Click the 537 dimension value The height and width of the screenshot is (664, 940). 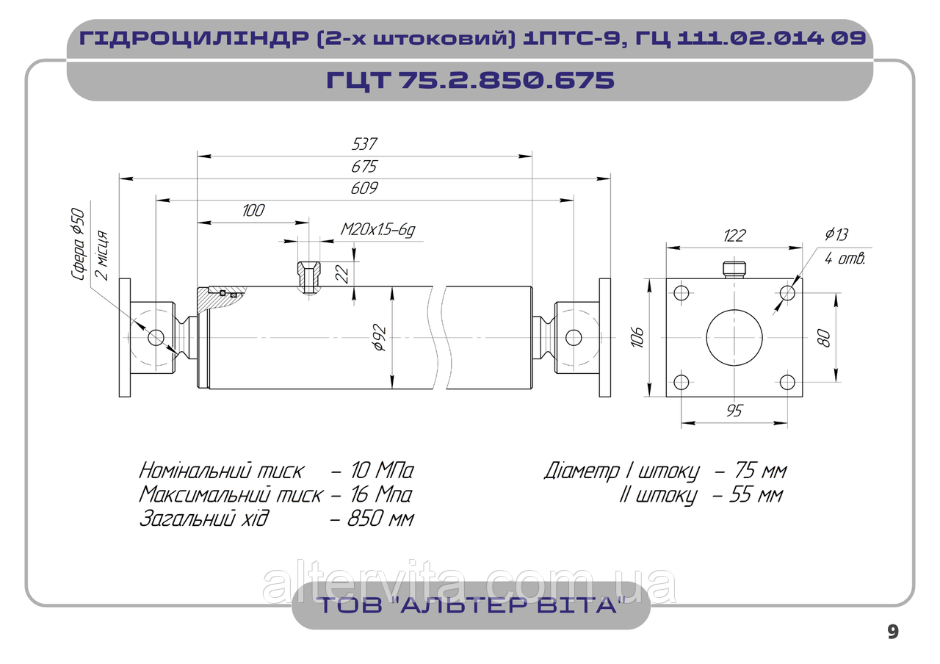[364, 144]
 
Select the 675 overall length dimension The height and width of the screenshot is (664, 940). [364, 167]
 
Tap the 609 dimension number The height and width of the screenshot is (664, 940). [364, 188]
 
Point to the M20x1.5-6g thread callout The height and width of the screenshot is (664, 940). [377, 230]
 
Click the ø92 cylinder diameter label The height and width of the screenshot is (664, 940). [380, 337]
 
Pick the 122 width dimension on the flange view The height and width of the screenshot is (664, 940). [734, 236]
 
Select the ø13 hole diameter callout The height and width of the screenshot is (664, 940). [836, 234]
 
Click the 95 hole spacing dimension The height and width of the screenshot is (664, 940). [734, 411]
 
